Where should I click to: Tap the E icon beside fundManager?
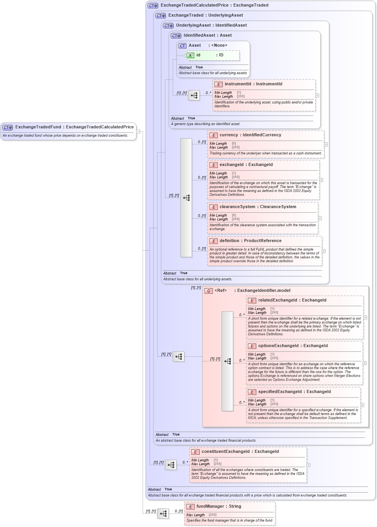coord(190,507)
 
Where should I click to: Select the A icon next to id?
coord(190,56)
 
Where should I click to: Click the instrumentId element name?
coord(237,84)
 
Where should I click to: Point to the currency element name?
coord(229,135)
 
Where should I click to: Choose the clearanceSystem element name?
coord(237,207)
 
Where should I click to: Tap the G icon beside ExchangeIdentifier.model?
coord(209,291)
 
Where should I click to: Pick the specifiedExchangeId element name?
coord(280,392)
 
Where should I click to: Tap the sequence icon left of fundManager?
coord(163,514)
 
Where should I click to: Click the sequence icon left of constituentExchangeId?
coord(171,465)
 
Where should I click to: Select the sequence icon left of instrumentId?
coord(194,95)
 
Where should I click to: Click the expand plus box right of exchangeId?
coord(321,180)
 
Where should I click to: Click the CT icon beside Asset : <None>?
coord(182,46)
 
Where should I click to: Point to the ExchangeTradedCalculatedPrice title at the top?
coord(194,5)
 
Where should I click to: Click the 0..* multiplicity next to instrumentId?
coord(208,93)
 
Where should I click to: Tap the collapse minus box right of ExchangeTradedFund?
coord(138,132)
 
